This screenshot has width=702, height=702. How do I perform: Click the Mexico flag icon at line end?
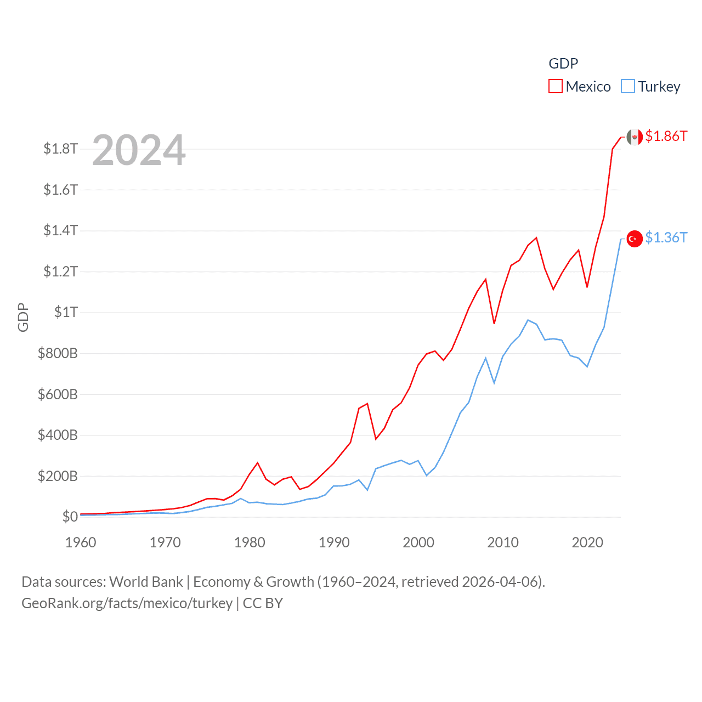(635, 137)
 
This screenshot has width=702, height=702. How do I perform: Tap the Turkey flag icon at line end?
(635, 239)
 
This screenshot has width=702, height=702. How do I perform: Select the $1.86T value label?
(666, 136)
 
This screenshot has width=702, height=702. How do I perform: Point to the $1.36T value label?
(666, 237)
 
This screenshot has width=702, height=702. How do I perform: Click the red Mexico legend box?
(556, 87)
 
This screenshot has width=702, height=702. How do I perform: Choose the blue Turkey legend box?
(628, 87)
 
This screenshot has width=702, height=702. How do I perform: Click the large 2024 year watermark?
(139, 150)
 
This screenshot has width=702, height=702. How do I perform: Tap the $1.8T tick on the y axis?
(61, 149)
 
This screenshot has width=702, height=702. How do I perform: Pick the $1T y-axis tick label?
(66, 312)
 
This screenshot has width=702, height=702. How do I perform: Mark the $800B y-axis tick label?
(58, 353)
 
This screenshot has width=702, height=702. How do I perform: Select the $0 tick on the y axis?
(70, 517)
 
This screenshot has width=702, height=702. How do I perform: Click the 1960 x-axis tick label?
(81, 542)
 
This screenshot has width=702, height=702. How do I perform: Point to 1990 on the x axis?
(334, 542)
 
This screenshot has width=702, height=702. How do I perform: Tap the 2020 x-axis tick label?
(587, 542)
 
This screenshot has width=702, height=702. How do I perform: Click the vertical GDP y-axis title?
(23, 317)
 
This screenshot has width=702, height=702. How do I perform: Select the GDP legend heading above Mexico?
(563, 64)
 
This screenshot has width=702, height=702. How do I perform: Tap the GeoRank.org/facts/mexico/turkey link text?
(127, 603)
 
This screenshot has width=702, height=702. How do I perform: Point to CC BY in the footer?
(263, 603)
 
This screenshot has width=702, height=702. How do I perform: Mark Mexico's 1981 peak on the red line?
(258, 463)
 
